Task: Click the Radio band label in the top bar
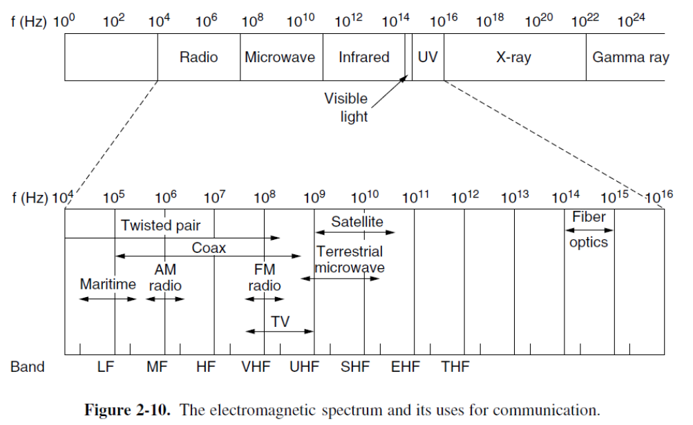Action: pos(198,57)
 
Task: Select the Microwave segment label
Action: pos(280,57)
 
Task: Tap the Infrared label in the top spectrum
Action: pos(363,57)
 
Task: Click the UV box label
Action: pos(428,57)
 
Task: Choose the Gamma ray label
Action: pos(630,57)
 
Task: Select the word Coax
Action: pos(209,247)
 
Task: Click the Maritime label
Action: pos(108,284)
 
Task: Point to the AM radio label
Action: pos(166,277)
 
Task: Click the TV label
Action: pos(280,321)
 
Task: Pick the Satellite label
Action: pos(357,222)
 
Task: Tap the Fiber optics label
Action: pos(589,229)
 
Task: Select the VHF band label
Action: pos(256,366)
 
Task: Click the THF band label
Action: pos(455,366)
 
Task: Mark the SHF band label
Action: pos(356,366)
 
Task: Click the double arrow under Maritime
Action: pos(108,299)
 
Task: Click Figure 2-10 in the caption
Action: pos(126,410)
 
